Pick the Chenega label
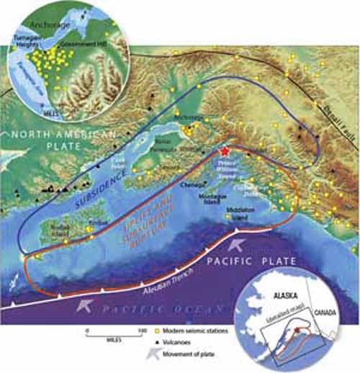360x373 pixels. click(x=186, y=184)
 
